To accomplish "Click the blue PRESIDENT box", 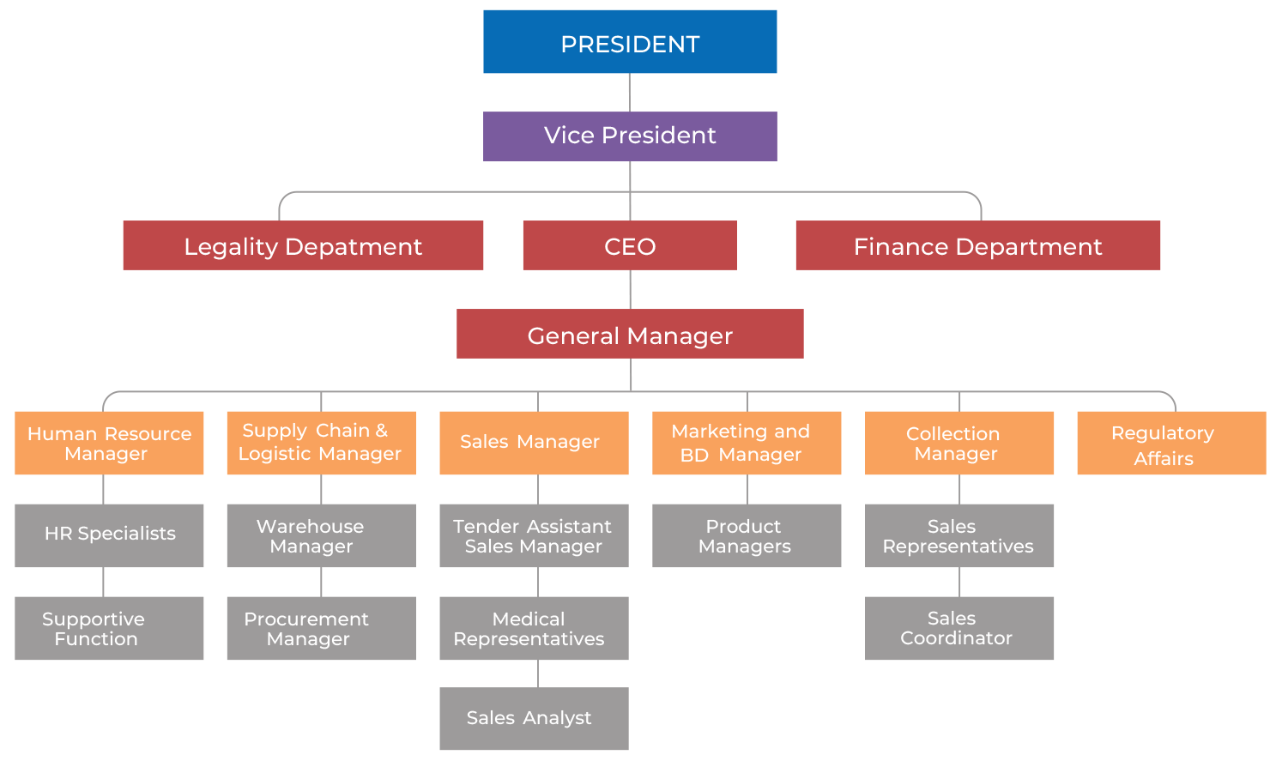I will tap(630, 42).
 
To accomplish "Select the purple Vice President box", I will tap(630, 136).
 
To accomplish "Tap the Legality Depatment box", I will tap(303, 246).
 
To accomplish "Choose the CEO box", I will tap(630, 246).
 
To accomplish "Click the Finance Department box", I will tap(977, 246).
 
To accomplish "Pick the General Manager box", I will tap(630, 335).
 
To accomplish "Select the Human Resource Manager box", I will tap(109, 444).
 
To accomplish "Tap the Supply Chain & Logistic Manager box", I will tap(321, 444).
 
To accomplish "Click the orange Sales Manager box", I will tap(534, 444).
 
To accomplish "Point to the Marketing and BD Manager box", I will tap(747, 444).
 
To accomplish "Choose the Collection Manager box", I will tap(959, 444).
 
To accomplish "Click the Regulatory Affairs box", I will tap(1171, 444).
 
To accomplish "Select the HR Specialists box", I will tap(109, 535).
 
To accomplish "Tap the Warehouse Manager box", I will tap(321, 535).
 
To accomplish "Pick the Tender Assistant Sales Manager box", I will tap(534, 535).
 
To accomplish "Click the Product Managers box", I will tap(747, 535).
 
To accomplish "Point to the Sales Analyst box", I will tap(534, 719).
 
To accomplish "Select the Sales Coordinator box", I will tap(959, 628).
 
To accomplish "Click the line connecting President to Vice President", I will tap(630, 93).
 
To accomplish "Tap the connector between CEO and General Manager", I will tap(631, 290).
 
